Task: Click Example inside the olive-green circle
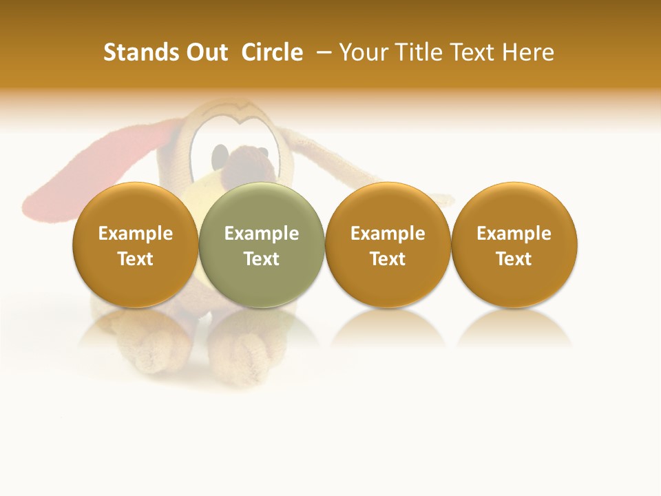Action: point(262,234)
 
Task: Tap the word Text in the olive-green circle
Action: point(262,259)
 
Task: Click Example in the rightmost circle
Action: point(514,234)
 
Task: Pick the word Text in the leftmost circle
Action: point(136,259)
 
